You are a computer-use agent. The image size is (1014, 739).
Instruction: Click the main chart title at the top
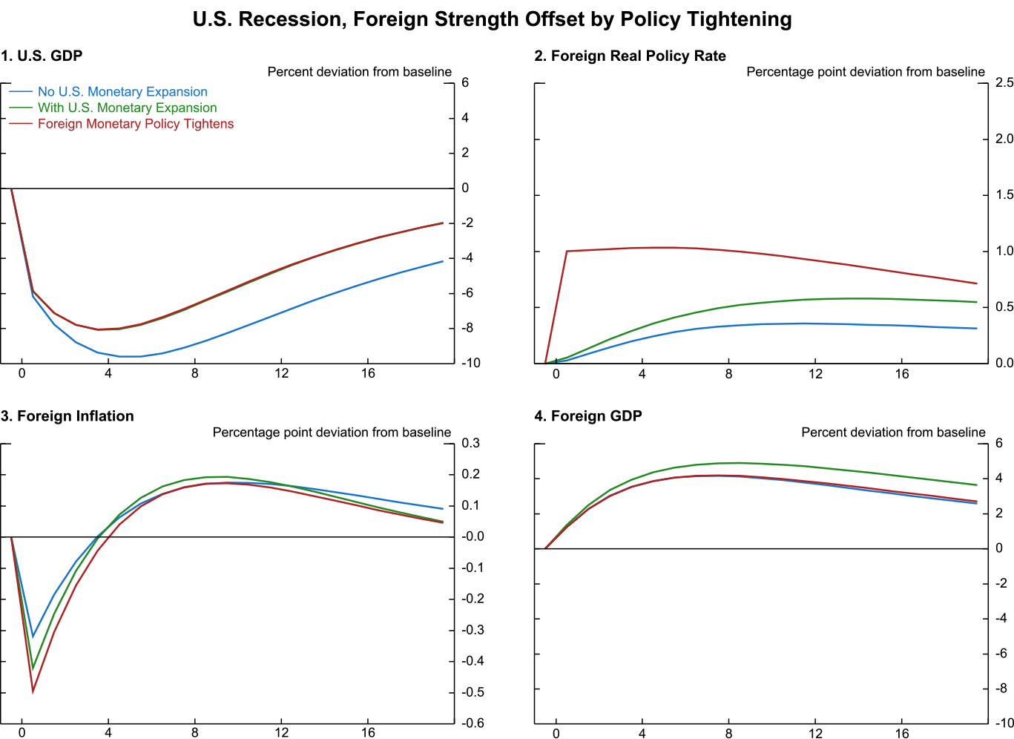492,19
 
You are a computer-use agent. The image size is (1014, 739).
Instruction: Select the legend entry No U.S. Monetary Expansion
122,92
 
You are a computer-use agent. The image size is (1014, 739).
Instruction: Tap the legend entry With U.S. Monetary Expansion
127,108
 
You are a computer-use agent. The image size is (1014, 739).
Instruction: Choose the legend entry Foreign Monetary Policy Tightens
136,124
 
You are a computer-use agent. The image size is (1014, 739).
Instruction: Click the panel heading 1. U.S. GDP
42,56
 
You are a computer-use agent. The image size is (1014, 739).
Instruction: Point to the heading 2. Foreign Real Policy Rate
630,56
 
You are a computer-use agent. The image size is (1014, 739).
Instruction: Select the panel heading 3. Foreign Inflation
68,416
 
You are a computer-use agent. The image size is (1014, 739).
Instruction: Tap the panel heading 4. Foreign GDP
588,416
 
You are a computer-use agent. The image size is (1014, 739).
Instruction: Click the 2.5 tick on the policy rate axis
1004,82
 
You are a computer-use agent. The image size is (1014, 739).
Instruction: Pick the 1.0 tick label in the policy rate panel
1004,252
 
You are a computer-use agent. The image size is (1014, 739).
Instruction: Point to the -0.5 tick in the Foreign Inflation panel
473,692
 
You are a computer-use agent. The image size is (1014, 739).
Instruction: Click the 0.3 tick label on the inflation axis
470,444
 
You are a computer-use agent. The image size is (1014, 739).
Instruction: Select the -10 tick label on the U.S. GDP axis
470,364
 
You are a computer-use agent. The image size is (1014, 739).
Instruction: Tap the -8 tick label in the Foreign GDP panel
1000,689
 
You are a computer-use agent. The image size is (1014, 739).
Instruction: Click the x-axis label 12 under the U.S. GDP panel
281,373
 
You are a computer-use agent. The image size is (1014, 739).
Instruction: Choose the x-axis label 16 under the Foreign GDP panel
901,734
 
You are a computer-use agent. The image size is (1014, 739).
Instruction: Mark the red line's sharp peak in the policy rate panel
567,251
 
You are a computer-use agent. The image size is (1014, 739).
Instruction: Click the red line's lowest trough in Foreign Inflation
33,692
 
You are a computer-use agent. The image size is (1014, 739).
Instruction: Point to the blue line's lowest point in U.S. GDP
130,357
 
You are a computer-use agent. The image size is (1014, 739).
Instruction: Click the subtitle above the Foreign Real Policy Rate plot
866,72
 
